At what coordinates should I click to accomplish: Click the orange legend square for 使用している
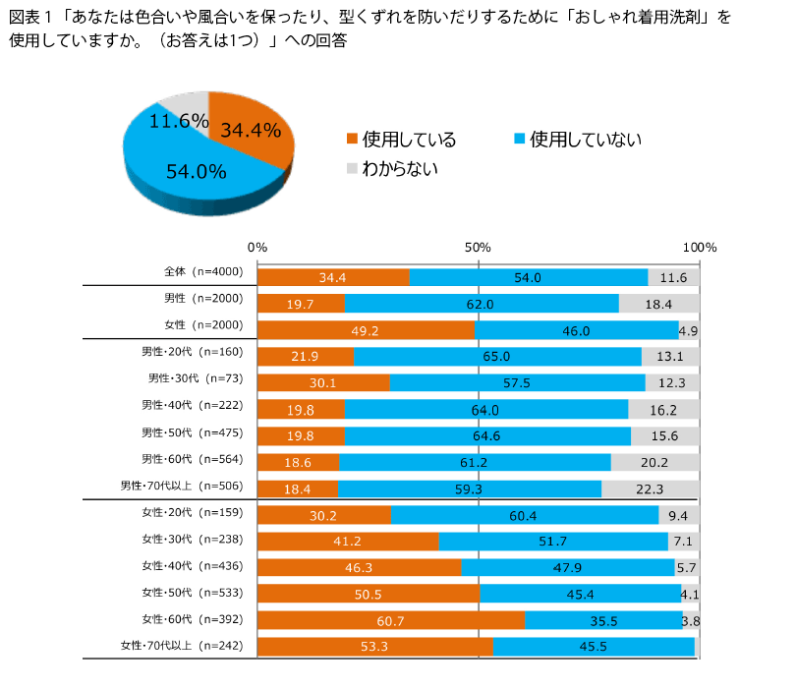point(351,139)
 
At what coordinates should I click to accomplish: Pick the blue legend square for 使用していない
point(520,139)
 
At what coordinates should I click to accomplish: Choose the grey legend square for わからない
point(351,168)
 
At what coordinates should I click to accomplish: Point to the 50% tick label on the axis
point(478,247)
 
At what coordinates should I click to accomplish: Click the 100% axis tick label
point(699,247)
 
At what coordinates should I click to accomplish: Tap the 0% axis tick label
point(257,247)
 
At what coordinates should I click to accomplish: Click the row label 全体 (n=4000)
point(196,271)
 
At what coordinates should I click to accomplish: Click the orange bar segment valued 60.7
point(390,620)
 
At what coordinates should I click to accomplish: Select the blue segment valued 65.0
point(497,356)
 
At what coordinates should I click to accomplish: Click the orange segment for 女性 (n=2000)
point(366,330)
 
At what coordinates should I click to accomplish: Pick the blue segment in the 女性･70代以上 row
point(594,647)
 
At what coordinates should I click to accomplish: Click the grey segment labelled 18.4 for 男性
point(658,304)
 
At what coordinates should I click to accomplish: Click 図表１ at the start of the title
point(29,19)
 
